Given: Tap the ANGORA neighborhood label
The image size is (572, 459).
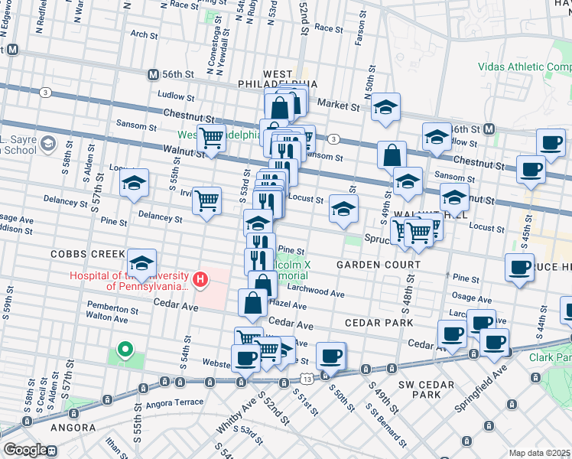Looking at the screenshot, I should click(x=73, y=428).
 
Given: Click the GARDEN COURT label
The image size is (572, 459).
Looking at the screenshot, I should click(x=379, y=265).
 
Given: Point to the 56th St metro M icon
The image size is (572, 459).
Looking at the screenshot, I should click(x=153, y=75).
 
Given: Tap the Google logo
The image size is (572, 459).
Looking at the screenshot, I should click(x=24, y=450).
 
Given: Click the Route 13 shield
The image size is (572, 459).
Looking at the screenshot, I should click(x=306, y=379).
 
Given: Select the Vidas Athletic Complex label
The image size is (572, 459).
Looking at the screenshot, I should click(x=525, y=67).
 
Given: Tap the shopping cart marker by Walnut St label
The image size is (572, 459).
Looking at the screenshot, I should click(x=211, y=138).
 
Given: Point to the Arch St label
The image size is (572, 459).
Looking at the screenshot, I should click(x=143, y=34).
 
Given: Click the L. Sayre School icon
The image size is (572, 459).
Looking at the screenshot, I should click(x=47, y=143).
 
